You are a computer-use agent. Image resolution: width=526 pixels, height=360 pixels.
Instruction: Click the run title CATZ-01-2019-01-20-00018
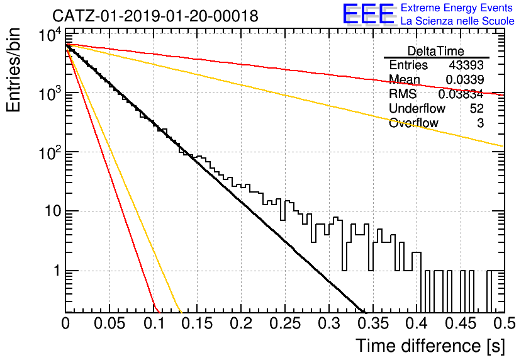point(155,16)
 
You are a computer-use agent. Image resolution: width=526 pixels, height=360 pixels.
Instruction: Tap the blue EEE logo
point(369,14)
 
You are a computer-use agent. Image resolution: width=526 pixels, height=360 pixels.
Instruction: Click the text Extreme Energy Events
point(457,8)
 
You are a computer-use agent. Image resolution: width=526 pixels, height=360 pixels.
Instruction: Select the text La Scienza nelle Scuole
point(457,21)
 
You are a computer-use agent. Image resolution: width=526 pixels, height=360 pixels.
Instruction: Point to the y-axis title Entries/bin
point(14,70)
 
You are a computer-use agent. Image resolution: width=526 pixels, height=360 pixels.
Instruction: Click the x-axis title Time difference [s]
point(430,346)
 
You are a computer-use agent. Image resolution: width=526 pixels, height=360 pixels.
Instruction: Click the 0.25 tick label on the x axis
point(285,323)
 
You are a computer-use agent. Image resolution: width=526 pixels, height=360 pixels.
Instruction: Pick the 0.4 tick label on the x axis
point(418,323)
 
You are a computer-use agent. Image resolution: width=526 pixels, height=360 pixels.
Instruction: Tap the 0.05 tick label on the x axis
point(109,323)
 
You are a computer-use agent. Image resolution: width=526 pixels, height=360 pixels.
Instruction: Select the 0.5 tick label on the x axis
point(504,323)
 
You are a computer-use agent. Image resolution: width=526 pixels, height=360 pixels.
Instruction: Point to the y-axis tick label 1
point(57,271)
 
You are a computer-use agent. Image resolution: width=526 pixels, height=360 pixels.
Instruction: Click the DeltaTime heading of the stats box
point(436,51)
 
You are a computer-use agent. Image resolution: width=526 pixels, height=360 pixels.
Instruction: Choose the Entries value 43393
point(466,65)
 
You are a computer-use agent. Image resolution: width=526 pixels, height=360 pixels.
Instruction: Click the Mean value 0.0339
point(464,79)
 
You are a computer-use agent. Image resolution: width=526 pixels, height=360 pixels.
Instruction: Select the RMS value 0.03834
point(461,94)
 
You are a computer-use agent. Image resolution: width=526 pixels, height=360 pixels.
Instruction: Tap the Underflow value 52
point(476,108)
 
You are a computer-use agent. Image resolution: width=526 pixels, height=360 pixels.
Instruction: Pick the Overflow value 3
point(480,123)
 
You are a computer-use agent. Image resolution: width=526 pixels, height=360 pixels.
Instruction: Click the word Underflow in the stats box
point(417,108)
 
